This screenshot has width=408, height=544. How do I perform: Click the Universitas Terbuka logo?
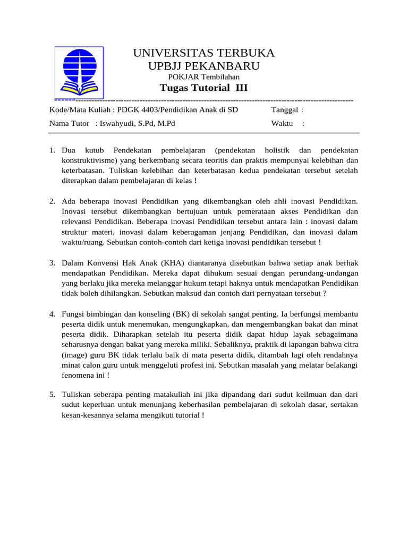click(x=79, y=73)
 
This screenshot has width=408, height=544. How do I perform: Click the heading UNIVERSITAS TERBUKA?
click(x=203, y=53)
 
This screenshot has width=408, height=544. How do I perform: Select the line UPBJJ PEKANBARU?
click(x=203, y=66)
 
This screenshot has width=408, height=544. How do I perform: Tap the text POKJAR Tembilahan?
click(x=203, y=77)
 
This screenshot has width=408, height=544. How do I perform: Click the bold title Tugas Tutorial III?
click(x=203, y=88)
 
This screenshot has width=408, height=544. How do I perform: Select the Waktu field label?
click(x=283, y=124)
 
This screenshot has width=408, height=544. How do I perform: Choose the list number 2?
click(x=53, y=201)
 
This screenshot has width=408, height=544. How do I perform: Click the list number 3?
click(x=53, y=263)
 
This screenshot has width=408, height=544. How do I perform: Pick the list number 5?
click(x=53, y=395)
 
